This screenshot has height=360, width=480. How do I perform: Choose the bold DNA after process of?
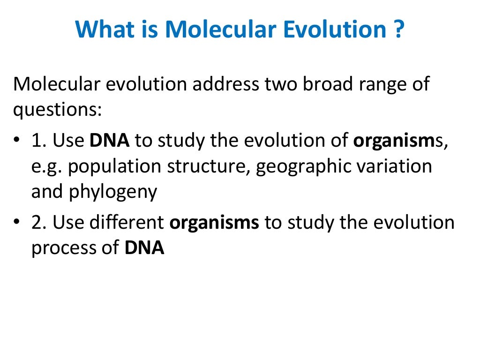click(144, 247)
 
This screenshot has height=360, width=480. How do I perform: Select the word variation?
click(393, 166)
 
